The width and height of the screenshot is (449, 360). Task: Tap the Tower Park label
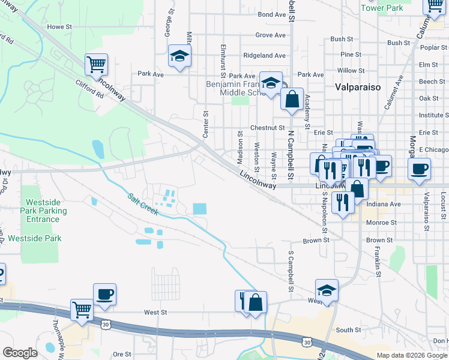[x=382, y=8]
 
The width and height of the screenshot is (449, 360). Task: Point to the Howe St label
[x=59, y=27]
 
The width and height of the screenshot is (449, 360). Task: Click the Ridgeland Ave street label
[x=264, y=55]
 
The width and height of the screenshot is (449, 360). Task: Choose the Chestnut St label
[x=267, y=128]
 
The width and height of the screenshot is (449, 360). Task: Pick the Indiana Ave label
[x=383, y=204]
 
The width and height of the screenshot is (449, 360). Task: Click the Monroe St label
[x=381, y=223]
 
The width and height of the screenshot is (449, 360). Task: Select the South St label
[x=348, y=330]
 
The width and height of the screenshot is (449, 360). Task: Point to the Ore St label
[x=122, y=355]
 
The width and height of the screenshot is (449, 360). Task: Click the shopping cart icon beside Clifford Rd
[x=96, y=64]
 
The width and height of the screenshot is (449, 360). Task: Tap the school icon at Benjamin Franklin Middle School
[x=271, y=83]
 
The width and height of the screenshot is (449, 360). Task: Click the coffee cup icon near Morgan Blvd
[x=419, y=168]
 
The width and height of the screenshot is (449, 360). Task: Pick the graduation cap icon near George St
[x=179, y=56]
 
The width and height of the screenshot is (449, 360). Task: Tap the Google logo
[x=20, y=353]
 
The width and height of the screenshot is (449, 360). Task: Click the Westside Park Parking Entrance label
[x=44, y=211]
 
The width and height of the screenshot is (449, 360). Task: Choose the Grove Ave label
[x=270, y=35]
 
